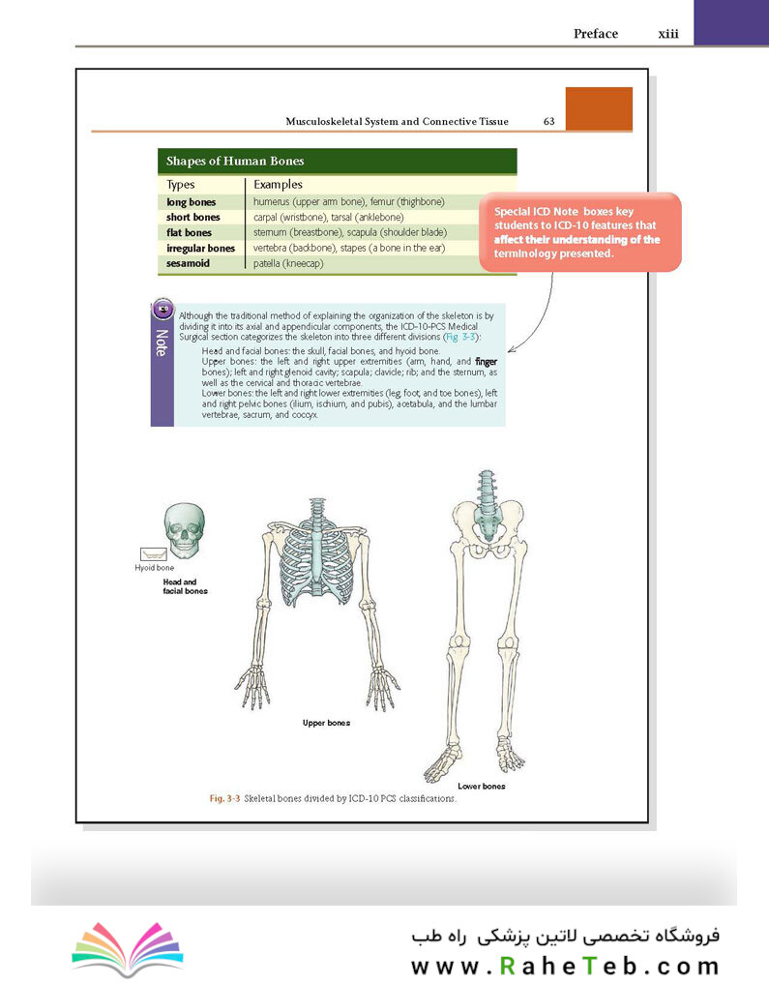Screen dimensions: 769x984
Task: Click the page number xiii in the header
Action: pos(668,34)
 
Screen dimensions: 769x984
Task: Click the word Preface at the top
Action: pos(595,34)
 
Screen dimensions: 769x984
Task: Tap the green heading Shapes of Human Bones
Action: pos(235,162)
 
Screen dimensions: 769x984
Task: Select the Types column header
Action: pos(181,185)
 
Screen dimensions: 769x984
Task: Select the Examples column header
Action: pos(278,185)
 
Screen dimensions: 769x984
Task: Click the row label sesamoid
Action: pos(188,263)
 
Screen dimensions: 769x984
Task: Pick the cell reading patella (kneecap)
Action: pos(288,263)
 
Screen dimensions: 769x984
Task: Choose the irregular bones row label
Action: pos(201,249)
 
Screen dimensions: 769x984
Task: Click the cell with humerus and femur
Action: pos(349,202)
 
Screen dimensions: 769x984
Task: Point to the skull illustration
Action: pos(185,530)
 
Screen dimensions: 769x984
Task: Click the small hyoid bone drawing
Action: pos(154,554)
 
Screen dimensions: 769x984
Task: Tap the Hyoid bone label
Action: pos(155,568)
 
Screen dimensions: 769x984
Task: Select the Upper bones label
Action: pos(326,723)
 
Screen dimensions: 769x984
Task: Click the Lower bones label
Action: pos(481,787)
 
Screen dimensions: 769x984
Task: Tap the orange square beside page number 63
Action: pos(599,108)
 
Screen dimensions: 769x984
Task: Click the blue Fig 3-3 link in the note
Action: pos(460,337)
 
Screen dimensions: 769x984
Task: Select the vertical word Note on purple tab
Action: pos(162,343)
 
